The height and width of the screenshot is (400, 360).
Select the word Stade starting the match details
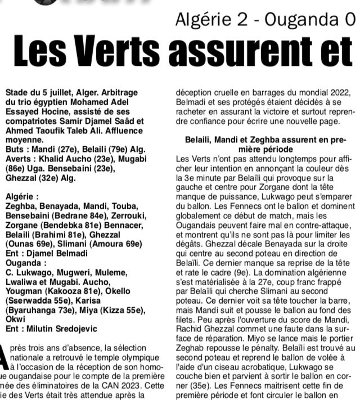point(17,91)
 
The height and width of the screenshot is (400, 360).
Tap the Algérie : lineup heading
point(22,197)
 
